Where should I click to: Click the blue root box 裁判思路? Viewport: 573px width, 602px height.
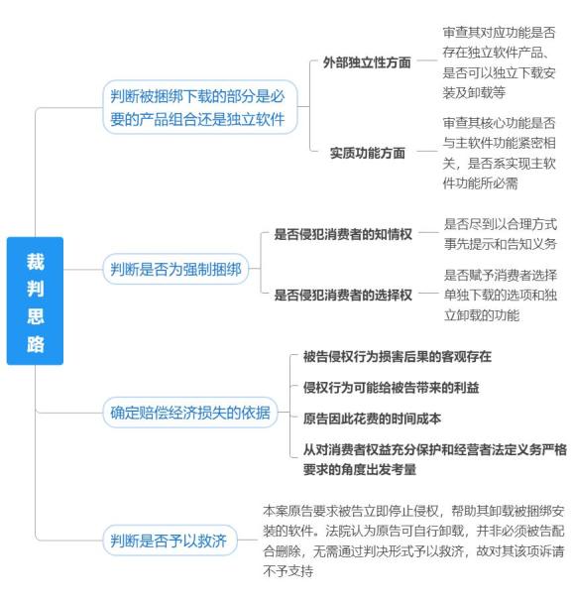35,301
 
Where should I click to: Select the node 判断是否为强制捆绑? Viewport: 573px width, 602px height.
176,269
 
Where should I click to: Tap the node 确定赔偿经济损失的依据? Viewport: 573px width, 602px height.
190,413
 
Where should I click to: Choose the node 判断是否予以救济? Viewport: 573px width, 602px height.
170,541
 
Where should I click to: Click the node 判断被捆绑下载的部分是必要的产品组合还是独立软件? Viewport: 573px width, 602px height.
200,107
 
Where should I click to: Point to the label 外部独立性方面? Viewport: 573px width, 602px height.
367,62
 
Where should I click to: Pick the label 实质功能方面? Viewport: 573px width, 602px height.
367,153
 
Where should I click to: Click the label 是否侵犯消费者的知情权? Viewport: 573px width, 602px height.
343,234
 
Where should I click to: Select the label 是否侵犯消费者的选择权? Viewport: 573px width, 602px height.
343,295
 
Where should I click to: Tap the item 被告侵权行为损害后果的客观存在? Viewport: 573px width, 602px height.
398,356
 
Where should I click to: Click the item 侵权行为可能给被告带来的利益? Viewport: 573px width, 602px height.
391,388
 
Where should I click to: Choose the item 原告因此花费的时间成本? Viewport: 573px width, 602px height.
372,419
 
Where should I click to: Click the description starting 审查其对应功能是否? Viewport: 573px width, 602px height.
499,62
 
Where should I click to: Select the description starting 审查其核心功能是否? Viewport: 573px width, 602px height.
499,153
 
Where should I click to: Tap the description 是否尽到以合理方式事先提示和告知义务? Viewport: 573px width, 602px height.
501,233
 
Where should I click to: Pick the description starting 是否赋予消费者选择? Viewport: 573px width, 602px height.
501,295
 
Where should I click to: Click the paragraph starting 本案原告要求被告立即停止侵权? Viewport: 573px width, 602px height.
413,541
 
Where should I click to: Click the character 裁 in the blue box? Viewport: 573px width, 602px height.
36,262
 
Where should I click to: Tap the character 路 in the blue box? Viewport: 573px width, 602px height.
36,344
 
